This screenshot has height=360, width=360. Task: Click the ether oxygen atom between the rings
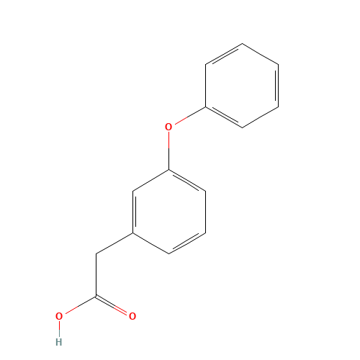pos(168,127)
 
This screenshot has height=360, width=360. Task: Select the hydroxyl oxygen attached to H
pos(59,316)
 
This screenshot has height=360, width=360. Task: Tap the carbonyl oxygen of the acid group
pos(132,316)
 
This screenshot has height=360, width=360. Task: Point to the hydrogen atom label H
pos(59,341)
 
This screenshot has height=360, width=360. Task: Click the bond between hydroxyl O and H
pos(59,329)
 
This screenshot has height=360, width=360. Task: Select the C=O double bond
pos(114,306)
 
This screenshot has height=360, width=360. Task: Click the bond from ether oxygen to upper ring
pos(187,117)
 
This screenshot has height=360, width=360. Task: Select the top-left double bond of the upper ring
pos(224,54)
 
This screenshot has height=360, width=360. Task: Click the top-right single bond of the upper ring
pos(260,54)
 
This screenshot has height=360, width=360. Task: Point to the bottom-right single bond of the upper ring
pos(260,117)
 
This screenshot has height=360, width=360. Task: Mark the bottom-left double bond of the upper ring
pos(224,117)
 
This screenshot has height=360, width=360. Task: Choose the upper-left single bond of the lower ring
pos(151,180)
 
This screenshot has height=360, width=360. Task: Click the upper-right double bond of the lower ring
pos(187,180)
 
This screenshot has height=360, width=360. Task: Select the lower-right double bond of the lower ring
pos(187,243)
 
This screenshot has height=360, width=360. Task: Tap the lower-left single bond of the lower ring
pos(151,243)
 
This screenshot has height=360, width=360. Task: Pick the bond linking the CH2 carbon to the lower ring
pos(114,243)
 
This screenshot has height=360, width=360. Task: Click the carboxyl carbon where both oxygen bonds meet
pos(96,296)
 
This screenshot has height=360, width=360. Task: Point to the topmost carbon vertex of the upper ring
pos(242,44)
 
